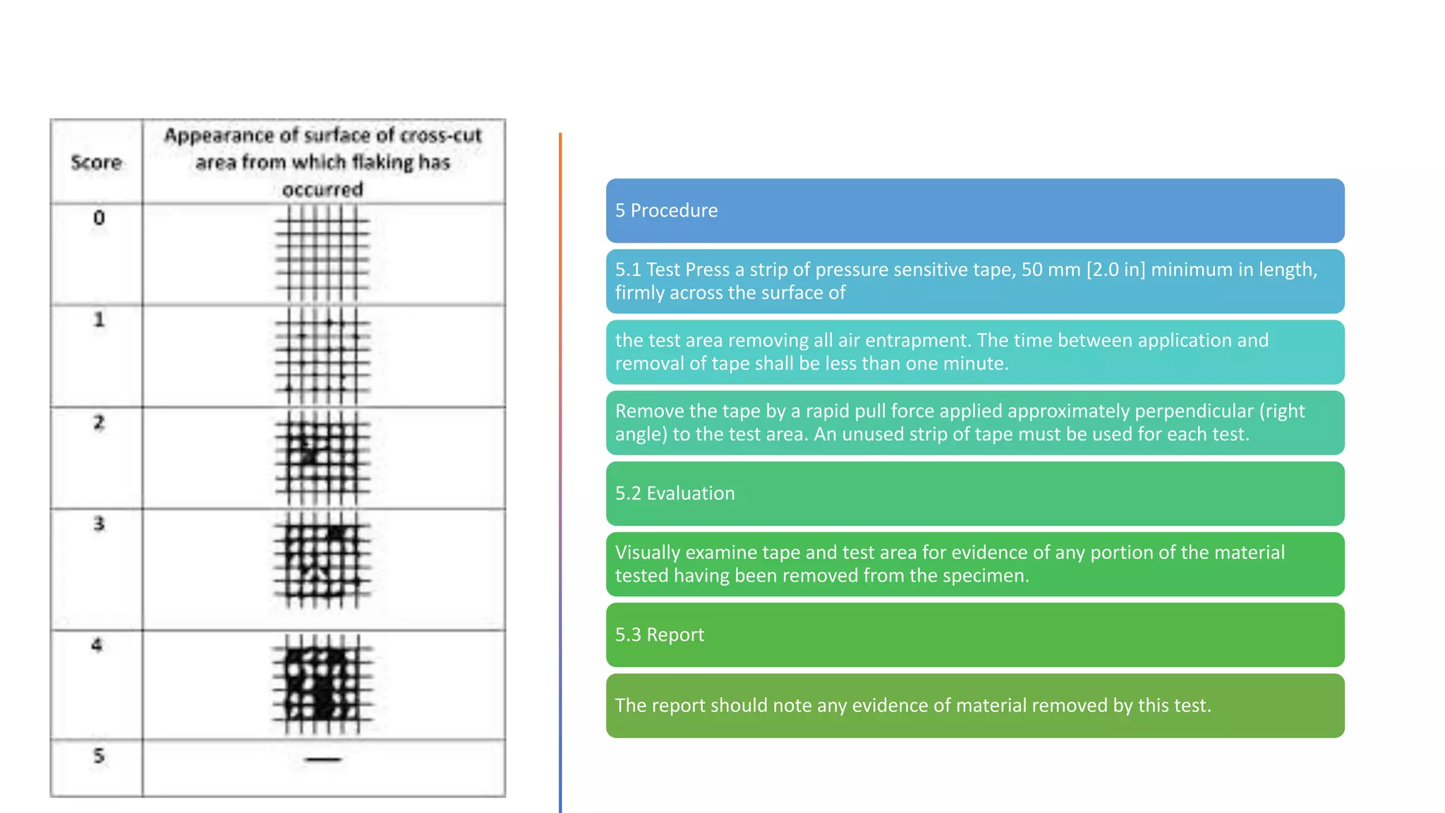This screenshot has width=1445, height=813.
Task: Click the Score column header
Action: [96, 162]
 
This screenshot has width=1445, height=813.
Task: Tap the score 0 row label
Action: [99, 217]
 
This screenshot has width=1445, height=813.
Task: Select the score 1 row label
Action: [99, 320]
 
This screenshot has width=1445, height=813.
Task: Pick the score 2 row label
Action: [99, 423]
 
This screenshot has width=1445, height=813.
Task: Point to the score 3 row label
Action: [99, 524]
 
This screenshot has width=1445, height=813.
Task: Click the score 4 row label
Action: [97, 645]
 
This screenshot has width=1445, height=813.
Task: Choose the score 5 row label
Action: [99, 756]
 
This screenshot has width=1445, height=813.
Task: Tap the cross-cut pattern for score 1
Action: [322, 356]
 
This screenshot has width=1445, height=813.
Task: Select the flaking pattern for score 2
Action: [322, 457]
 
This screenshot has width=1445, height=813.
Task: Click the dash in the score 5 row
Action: [323, 759]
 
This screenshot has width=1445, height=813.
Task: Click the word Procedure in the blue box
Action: [674, 210]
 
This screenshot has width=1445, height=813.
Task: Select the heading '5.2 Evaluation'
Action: [675, 493]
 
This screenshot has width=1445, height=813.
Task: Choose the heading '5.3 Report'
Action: [659, 634]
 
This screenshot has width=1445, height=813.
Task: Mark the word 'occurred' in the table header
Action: [322, 189]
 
